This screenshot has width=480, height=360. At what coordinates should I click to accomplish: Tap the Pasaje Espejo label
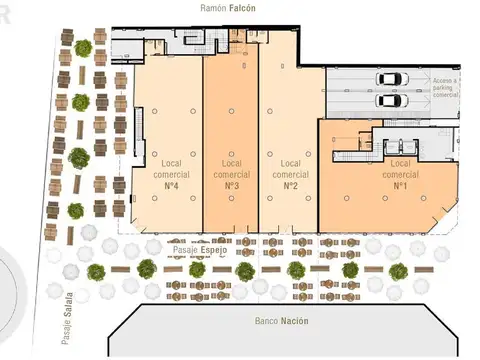(x=200, y=250)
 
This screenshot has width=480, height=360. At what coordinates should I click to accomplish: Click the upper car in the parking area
(x=389, y=80)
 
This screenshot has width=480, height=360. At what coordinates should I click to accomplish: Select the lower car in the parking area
(x=389, y=100)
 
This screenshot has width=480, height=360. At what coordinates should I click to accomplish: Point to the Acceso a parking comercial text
(x=444, y=87)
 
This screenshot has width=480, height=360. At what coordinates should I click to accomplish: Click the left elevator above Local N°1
(x=382, y=141)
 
